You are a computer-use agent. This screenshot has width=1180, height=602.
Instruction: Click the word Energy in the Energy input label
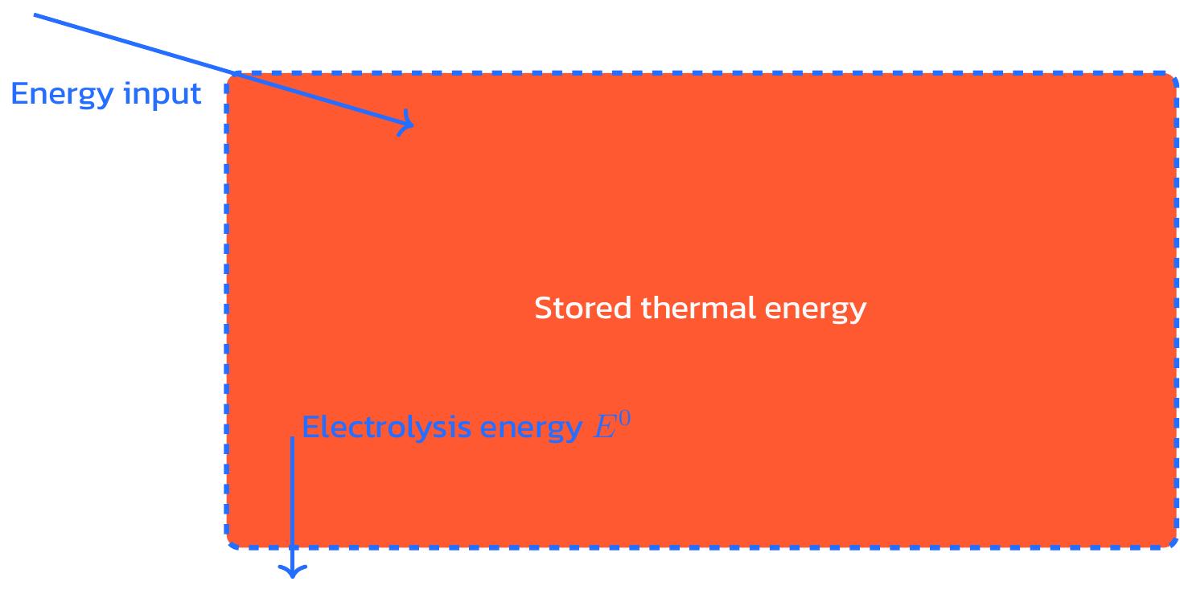[61, 95]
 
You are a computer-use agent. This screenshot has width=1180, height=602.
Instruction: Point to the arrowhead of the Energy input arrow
[411, 125]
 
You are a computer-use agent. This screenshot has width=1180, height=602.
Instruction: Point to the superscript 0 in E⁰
[624, 419]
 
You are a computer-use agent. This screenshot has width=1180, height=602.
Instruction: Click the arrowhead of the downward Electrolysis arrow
[292, 572]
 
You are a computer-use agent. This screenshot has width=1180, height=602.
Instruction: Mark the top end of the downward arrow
[292, 439]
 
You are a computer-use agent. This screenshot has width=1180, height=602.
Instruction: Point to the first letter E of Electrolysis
[310, 427]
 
